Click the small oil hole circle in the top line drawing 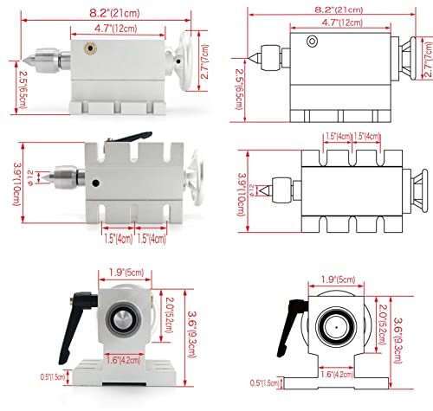coord(313,41)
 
